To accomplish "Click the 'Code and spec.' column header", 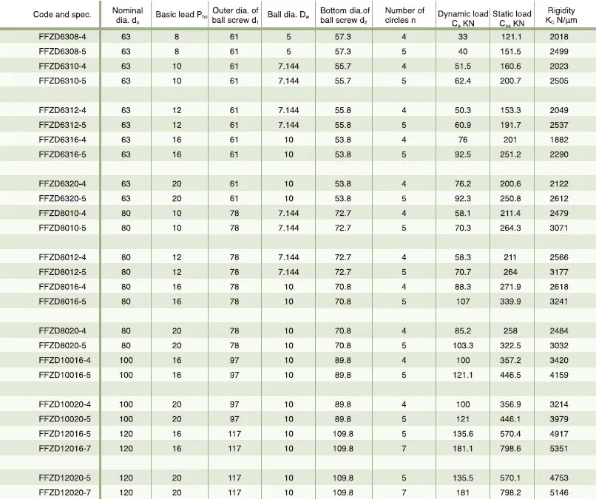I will click(55, 15).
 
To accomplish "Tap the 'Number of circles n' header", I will click(404, 15).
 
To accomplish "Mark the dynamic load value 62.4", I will click(463, 80).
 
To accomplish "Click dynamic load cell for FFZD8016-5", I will click(463, 302).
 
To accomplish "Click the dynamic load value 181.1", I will click(463, 447).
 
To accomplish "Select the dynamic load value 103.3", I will click(463, 344).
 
